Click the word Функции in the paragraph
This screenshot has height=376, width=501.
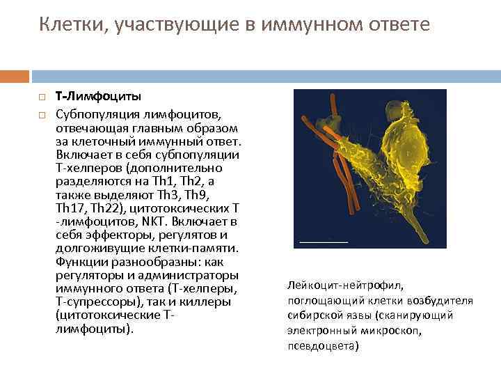(x=79, y=262)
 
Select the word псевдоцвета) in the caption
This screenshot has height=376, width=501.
(x=323, y=346)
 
